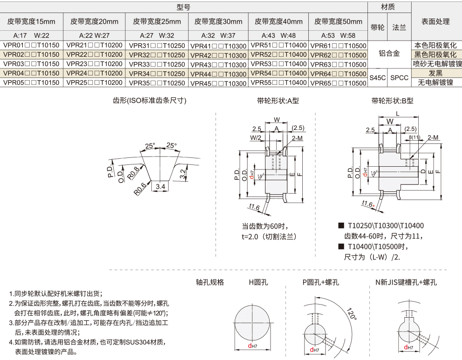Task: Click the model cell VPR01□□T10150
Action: (x=32, y=45)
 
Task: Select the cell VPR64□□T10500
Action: (x=338, y=74)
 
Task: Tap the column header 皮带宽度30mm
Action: (x=218, y=21)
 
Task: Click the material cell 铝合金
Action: (x=389, y=54)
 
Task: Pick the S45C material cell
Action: (x=377, y=78)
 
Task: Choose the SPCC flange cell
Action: (x=399, y=78)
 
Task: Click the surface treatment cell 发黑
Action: (x=435, y=73)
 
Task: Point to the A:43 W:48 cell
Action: (x=279, y=36)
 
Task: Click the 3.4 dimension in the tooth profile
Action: (x=160, y=186)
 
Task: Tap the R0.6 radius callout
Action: (x=140, y=189)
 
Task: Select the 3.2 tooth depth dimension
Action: (x=183, y=174)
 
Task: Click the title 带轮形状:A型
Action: (x=278, y=101)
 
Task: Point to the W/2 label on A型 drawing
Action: (x=256, y=137)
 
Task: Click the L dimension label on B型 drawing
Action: (x=397, y=114)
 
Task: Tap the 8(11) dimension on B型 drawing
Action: (x=414, y=137)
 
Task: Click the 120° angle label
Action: (x=352, y=314)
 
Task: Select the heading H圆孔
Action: (x=258, y=282)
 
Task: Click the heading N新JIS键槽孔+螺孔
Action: (x=406, y=282)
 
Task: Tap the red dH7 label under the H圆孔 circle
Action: (x=252, y=346)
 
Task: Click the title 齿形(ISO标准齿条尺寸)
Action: (x=149, y=101)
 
